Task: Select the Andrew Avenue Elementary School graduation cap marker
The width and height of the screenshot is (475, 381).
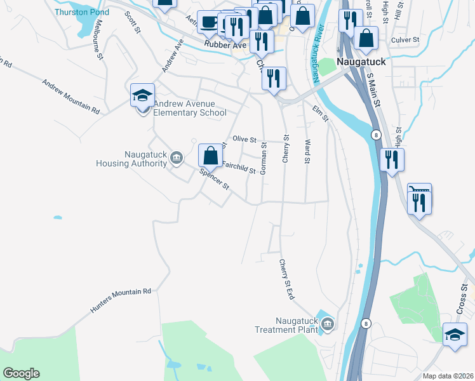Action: [142, 97]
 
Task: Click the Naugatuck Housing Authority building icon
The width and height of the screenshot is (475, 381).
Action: [177, 157]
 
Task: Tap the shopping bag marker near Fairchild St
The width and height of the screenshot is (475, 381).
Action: [210, 156]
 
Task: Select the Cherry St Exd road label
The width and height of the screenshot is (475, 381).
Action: [287, 279]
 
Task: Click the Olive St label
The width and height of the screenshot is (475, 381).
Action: [244, 139]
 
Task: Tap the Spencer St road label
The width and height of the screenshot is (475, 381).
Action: [215, 180]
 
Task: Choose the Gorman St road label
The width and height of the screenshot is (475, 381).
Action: [263, 158]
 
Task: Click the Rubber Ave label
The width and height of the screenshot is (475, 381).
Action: [224, 44]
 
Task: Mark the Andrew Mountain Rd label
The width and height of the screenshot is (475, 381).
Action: [71, 97]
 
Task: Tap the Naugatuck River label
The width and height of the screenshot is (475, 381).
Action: [318, 54]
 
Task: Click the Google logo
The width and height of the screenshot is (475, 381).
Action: [20, 373]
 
